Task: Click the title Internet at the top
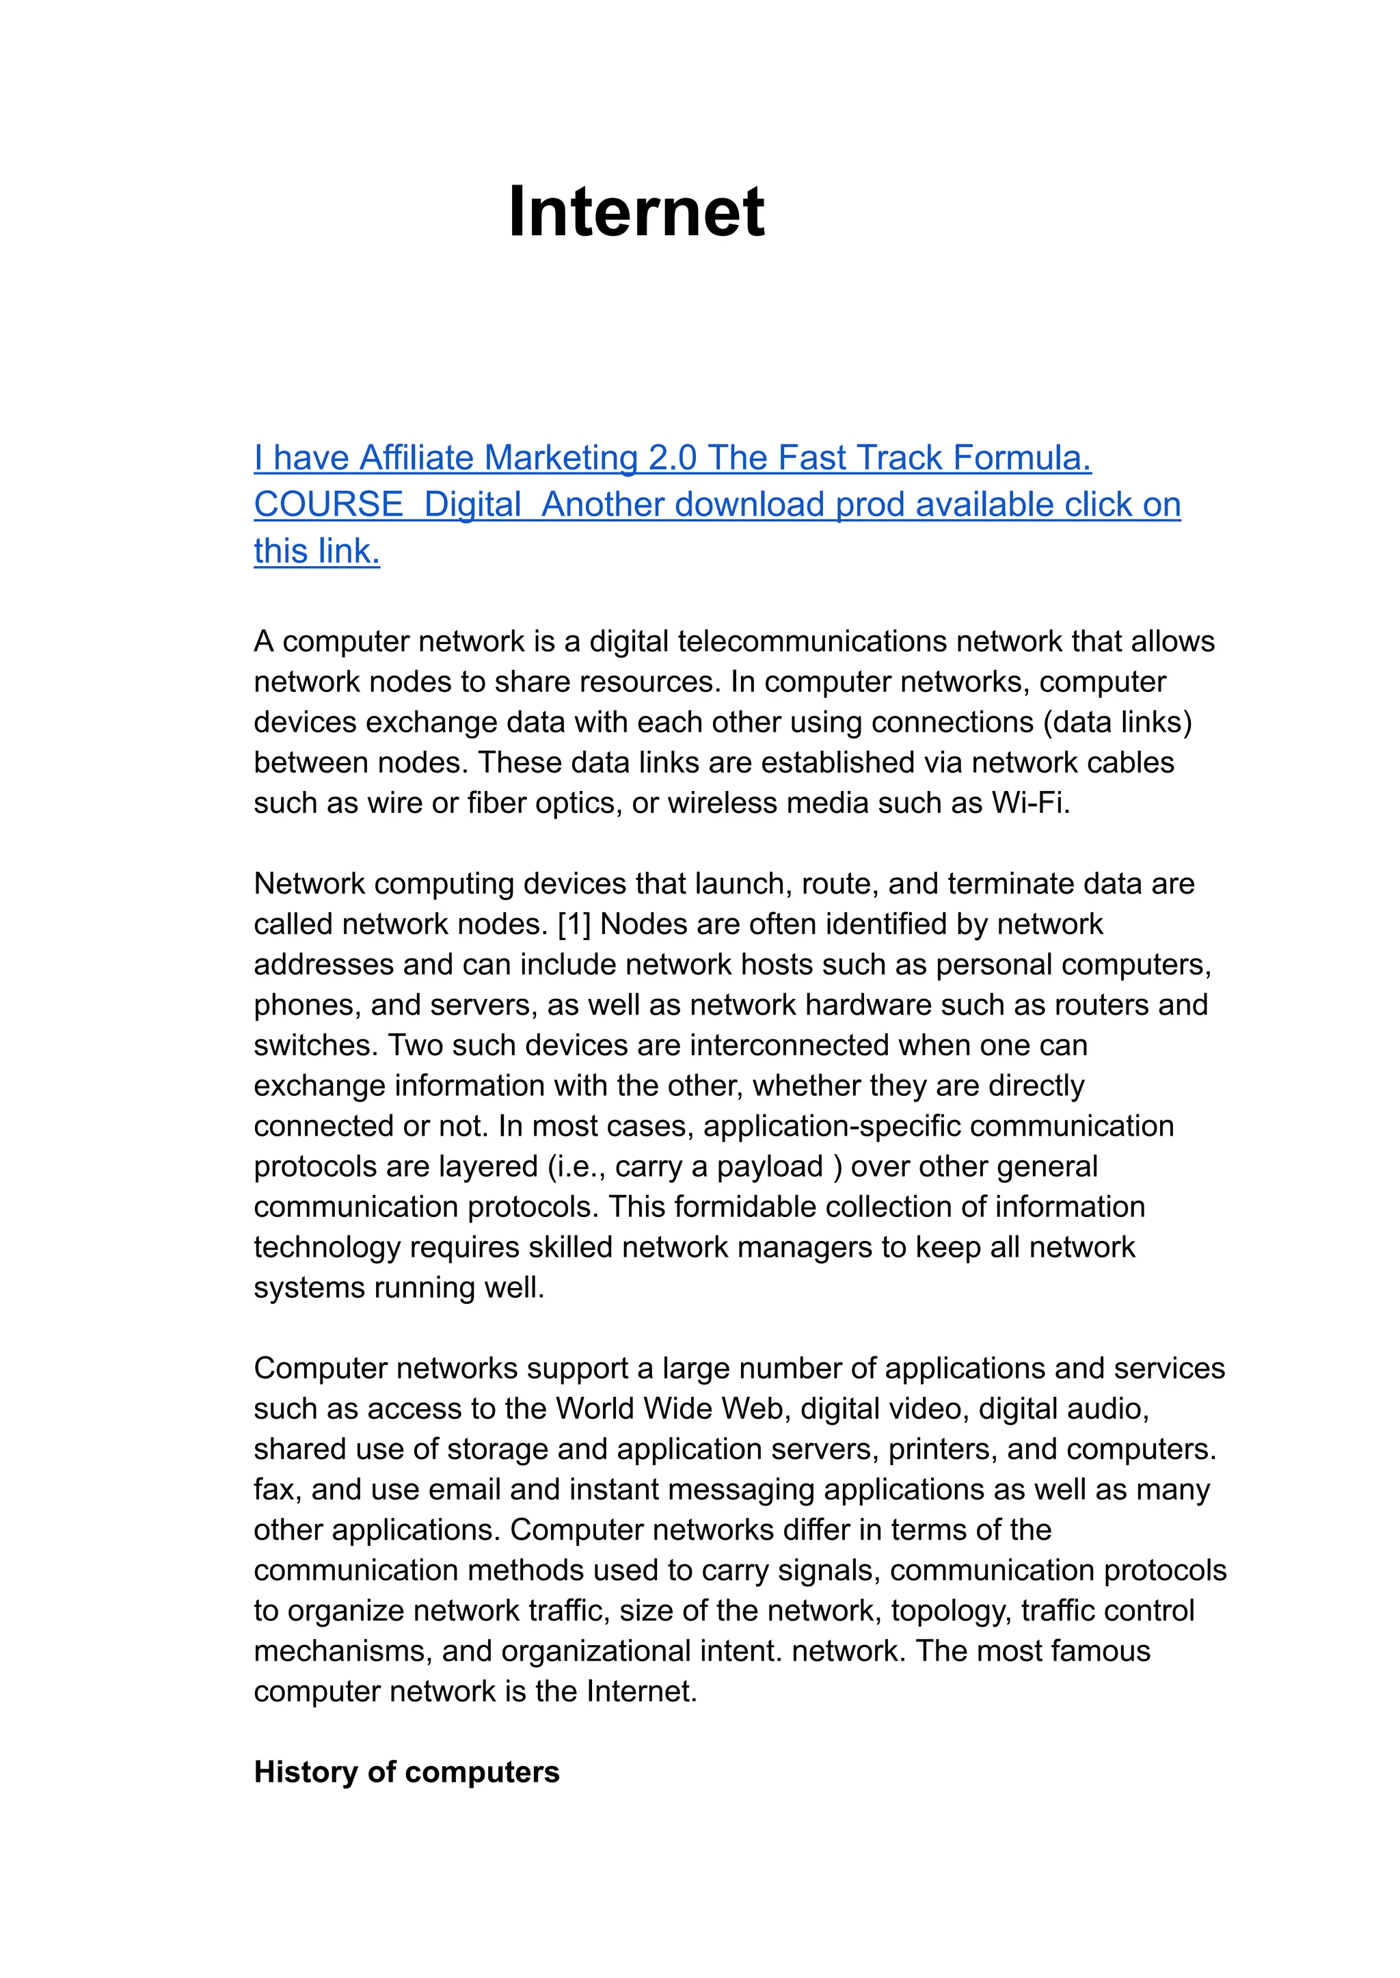tap(636, 212)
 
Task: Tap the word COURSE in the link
tap(328, 505)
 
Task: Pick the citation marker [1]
tap(574, 924)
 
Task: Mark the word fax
tap(275, 1490)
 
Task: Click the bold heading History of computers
tap(406, 1772)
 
